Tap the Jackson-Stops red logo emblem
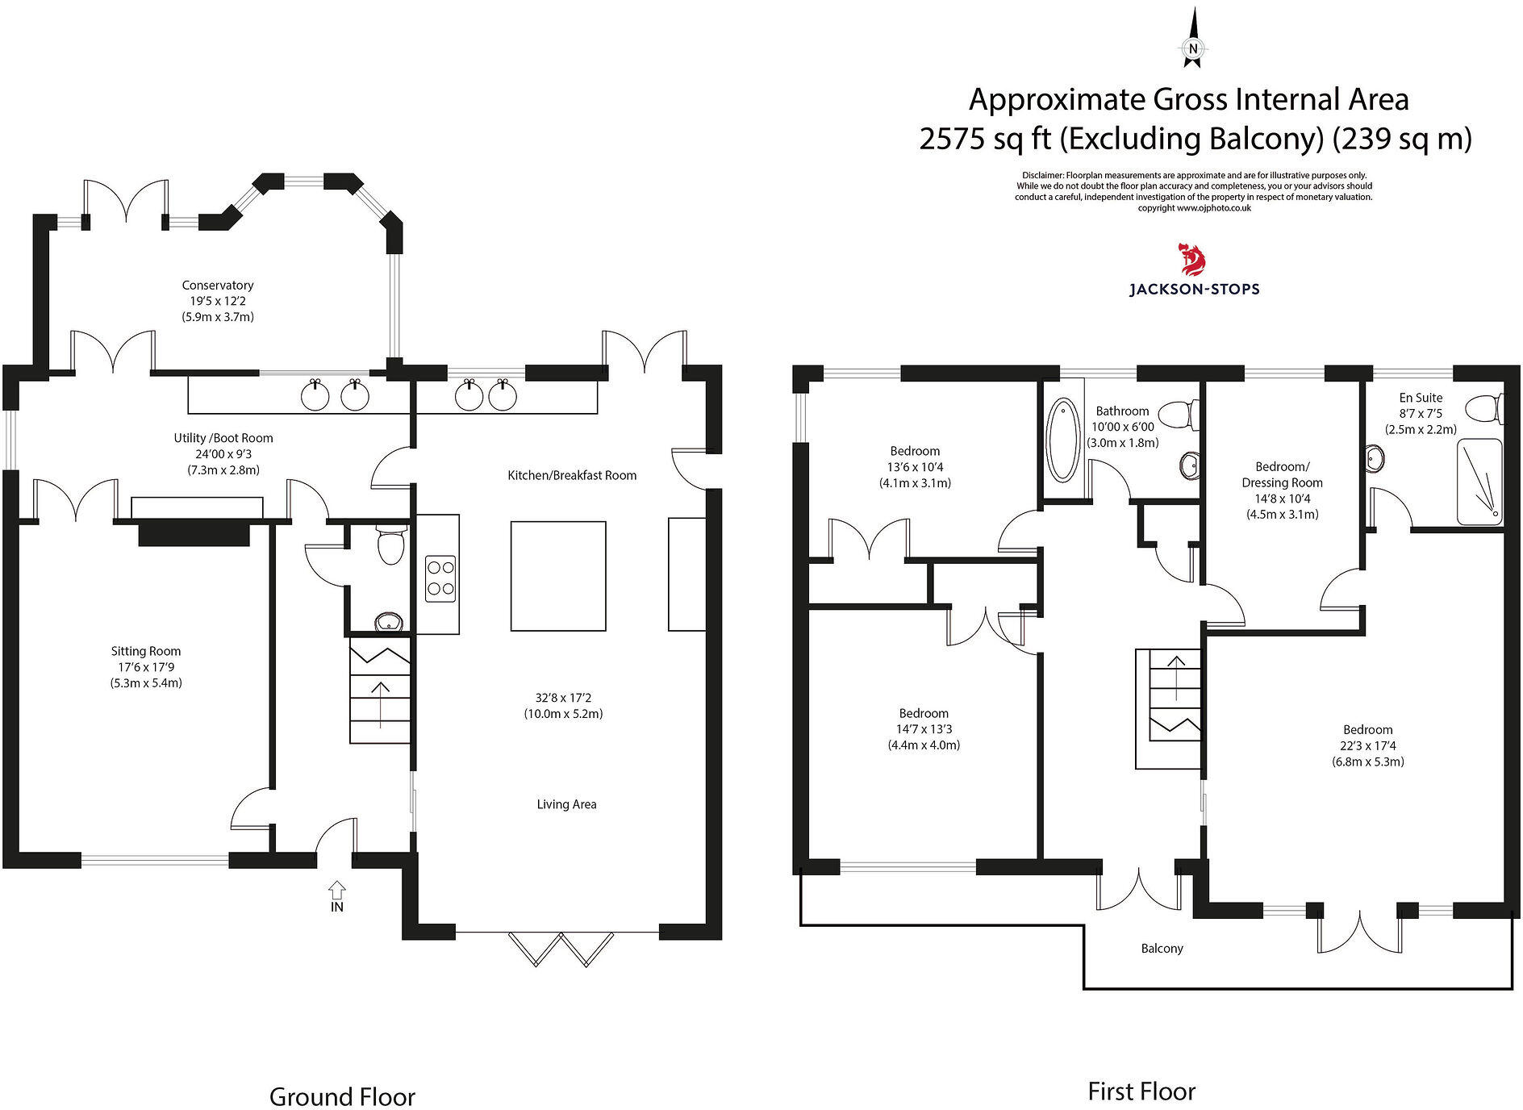(1194, 260)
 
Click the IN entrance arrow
(337, 891)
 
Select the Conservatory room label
(218, 286)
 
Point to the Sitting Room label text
(146, 651)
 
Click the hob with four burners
(440, 578)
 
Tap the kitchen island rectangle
(558, 575)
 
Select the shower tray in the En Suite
(1480, 482)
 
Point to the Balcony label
(1162, 949)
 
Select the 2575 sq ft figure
(986, 139)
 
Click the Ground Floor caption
(342, 1097)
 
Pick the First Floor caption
(1141, 1091)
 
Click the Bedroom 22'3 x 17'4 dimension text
(1368, 746)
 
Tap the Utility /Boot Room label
(223, 438)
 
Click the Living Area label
(566, 804)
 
